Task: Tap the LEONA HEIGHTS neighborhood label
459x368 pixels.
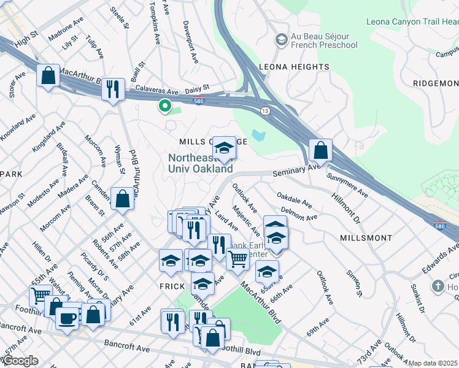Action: [x=294, y=67]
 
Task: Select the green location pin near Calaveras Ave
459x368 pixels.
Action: [x=164, y=105]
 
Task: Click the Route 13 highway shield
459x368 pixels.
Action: [x=264, y=110]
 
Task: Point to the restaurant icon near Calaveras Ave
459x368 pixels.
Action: [x=112, y=90]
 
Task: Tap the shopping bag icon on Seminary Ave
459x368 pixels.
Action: [x=320, y=150]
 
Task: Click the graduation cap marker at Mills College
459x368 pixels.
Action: [x=225, y=147]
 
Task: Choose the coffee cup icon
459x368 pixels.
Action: [x=67, y=318]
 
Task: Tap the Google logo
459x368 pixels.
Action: [x=20, y=361]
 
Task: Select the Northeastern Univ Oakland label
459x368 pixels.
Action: [x=201, y=163]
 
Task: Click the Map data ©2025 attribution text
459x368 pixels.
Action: [x=433, y=363]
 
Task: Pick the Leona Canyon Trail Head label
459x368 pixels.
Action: [x=412, y=22]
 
